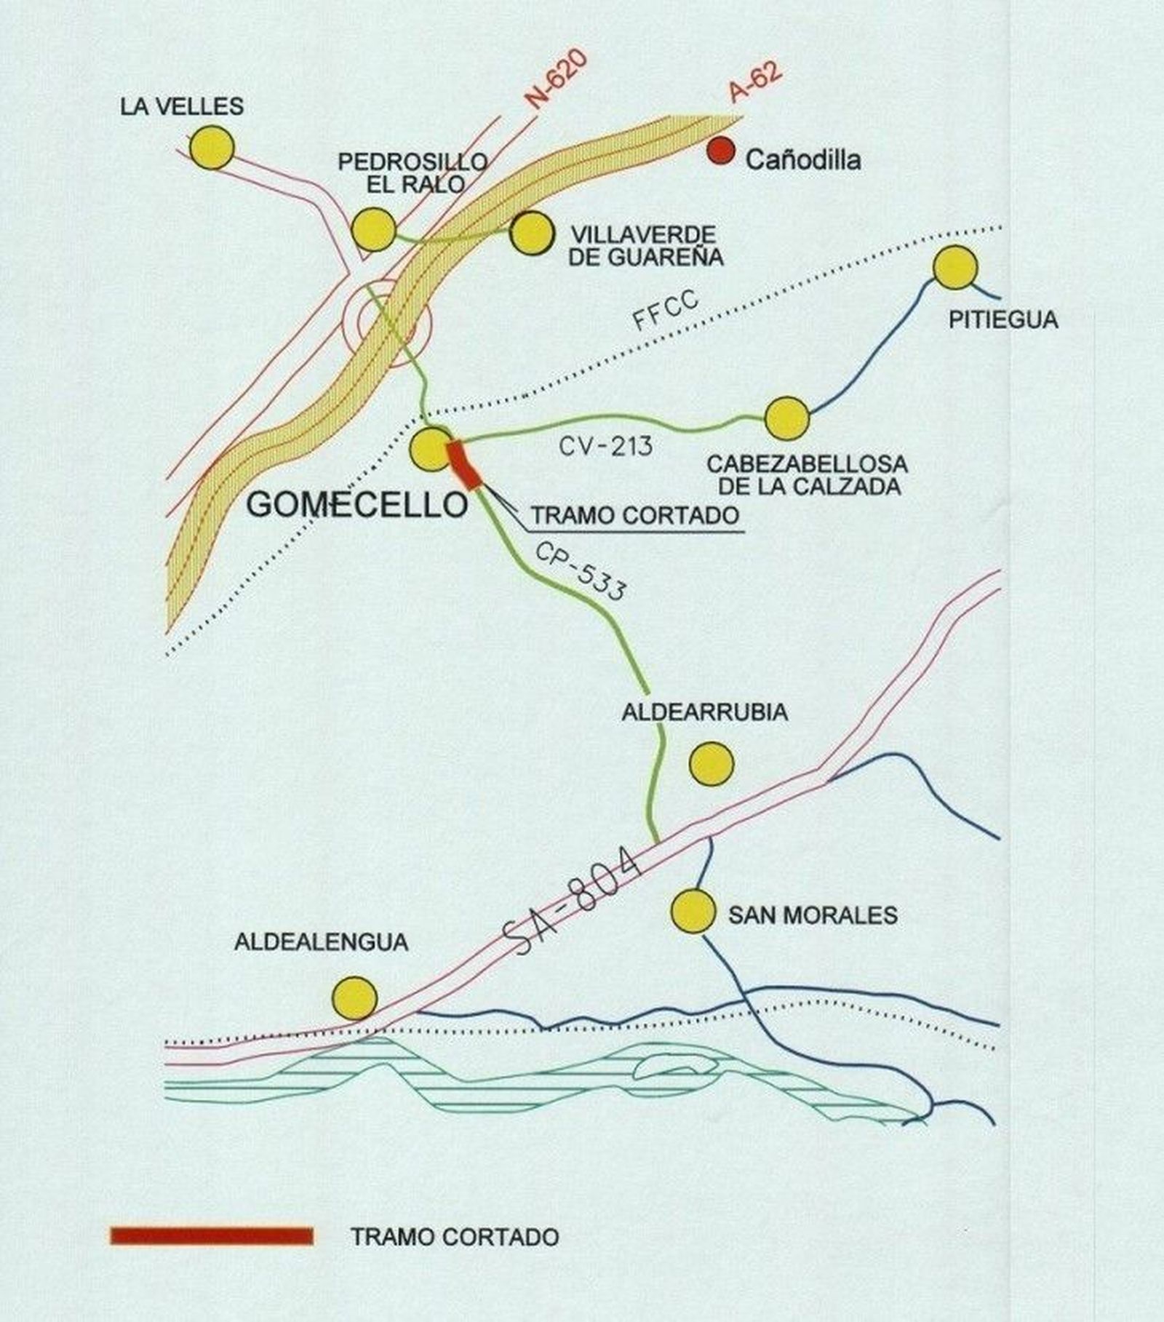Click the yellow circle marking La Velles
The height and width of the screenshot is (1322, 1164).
point(212,147)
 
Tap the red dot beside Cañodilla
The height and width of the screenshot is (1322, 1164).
point(721,151)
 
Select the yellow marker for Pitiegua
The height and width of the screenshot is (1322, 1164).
point(954,267)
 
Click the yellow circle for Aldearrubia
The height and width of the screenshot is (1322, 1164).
point(711,764)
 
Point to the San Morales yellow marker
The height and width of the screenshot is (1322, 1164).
point(693,909)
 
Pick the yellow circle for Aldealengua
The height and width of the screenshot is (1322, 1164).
point(354,997)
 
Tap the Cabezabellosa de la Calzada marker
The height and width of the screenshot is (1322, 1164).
point(786,418)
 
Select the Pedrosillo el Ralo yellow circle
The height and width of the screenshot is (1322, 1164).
point(373,228)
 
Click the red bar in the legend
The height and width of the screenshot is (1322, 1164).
point(212,1235)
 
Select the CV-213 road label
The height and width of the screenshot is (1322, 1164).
point(606,446)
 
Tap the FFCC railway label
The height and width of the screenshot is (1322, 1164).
point(665,310)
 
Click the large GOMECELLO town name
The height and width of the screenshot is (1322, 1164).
point(356,504)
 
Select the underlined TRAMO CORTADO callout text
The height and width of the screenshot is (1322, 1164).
point(635,514)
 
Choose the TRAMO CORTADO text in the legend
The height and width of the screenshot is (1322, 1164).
point(455,1236)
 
